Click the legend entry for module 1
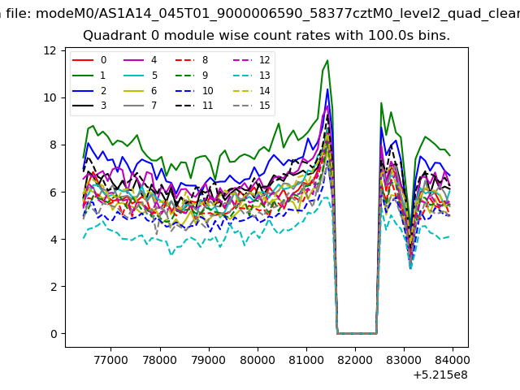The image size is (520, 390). [89, 76]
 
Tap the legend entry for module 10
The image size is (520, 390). [194, 91]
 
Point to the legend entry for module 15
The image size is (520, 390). [252, 106]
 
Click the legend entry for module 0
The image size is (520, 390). [89, 60]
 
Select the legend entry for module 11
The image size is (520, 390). [194, 106]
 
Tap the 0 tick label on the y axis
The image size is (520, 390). [54, 334]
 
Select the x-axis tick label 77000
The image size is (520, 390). [110, 360]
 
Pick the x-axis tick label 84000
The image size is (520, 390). [453, 360]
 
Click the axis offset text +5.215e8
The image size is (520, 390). [440, 375]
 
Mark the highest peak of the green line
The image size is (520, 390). [327, 60]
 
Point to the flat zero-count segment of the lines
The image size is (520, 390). [357, 333]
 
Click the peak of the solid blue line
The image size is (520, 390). [327, 89]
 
